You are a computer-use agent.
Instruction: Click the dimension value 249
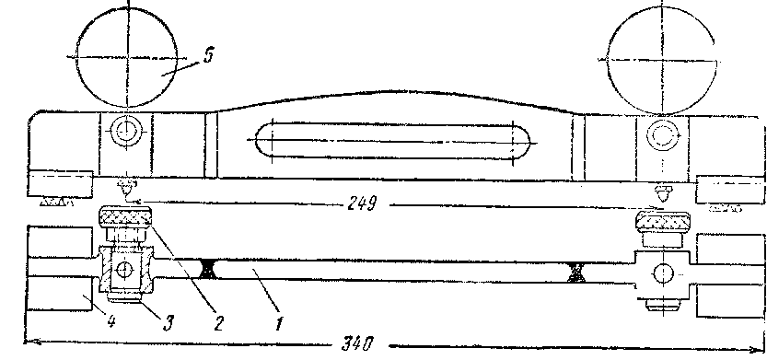tap(362, 203)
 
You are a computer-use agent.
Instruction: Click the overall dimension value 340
tap(356, 343)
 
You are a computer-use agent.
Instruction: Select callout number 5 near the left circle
tap(208, 56)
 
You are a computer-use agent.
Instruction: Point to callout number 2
tap(217, 323)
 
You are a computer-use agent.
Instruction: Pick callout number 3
tap(168, 323)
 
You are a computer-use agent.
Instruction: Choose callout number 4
tap(111, 323)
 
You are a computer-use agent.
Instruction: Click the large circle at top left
tap(127, 57)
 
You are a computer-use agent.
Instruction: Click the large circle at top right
tap(662, 60)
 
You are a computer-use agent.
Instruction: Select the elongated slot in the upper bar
tap(393, 140)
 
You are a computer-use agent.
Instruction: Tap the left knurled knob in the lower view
tap(126, 217)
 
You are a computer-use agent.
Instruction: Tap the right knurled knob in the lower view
tap(662, 222)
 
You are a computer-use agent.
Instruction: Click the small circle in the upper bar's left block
tap(124, 131)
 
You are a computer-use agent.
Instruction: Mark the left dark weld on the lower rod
tap(209, 270)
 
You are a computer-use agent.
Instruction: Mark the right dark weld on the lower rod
tap(575, 272)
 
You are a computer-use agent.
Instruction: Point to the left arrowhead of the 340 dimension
tap(29, 342)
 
